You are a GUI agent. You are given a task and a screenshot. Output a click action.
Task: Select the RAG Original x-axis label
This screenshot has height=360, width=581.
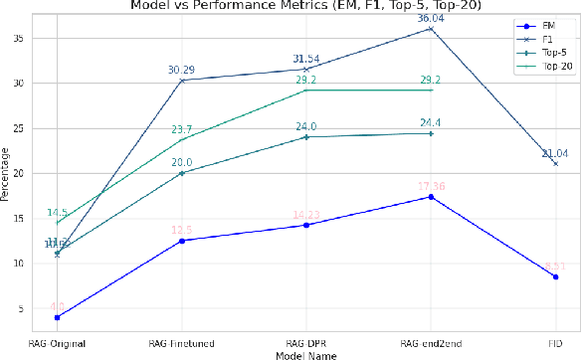click(x=57, y=342)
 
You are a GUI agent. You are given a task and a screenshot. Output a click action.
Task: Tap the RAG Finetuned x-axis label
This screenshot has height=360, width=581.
click(x=181, y=342)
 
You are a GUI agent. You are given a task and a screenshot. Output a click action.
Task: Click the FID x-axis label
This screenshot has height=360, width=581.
click(x=554, y=342)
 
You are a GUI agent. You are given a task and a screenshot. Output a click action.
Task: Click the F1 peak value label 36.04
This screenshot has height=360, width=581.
click(x=431, y=18)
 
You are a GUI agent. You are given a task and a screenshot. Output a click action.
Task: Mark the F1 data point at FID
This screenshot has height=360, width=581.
click(x=554, y=163)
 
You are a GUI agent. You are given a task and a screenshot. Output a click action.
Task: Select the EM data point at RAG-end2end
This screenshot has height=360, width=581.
click(x=430, y=197)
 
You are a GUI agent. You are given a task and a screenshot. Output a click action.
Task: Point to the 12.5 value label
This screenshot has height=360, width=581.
click(x=181, y=230)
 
